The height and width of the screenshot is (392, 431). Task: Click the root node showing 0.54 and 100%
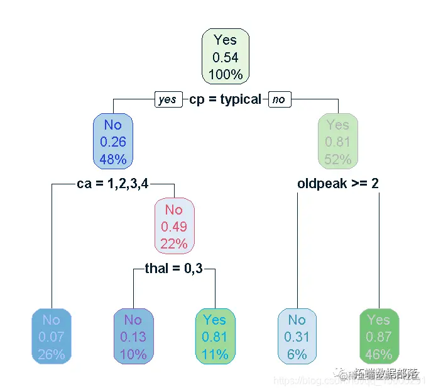pos(226,57)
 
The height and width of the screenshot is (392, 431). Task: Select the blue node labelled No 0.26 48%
pos(113,142)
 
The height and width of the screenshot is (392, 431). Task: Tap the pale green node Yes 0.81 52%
pos(338,142)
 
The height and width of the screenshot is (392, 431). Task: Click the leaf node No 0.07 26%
pos(52,337)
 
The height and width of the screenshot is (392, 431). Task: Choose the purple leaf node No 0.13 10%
pos(133,337)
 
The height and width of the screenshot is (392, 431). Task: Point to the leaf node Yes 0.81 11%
pos(215,337)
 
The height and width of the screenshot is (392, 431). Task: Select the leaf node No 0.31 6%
pos(297,337)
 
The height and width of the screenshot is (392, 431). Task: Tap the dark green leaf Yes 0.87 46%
pos(379,337)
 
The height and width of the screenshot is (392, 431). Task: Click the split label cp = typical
pos(225,99)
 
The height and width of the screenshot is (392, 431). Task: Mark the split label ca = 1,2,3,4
pos(113,184)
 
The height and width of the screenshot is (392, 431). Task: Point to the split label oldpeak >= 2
pos(338,184)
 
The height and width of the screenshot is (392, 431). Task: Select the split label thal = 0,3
pos(174,269)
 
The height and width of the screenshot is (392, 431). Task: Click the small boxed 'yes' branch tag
pos(168,99)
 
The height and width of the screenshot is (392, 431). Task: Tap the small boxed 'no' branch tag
pos(279,99)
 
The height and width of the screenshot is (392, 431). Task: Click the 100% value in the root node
pos(226,74)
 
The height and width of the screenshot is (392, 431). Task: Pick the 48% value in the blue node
pos(113,159)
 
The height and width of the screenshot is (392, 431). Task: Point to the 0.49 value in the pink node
pos(174,227)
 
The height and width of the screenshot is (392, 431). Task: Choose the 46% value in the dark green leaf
pos(379,354)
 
